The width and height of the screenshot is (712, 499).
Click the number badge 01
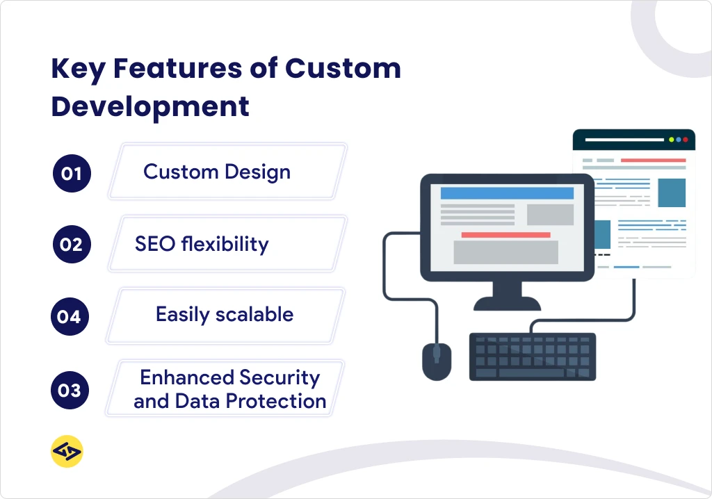tap(72, 173)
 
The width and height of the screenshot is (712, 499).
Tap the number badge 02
tap(72, 245)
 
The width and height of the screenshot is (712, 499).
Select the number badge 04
tap(70, 317)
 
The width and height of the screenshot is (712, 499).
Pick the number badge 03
tap(70, 390)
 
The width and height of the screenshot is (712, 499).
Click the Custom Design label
tap(217, 172)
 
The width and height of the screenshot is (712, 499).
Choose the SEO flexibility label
tap(202, 244)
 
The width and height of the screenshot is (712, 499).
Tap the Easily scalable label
tap(225, 314)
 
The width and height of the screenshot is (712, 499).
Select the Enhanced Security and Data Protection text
tap(229, 389)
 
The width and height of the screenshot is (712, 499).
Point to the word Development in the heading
tap(150, 107)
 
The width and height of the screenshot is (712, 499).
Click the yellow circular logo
tap(67, 452)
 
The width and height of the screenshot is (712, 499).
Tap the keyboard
tap(532, 356)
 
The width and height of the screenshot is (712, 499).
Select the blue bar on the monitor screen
tap(507, 193)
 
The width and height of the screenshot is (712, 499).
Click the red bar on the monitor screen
tap(505, 235)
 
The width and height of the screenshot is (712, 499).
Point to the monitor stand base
tap(507, 303)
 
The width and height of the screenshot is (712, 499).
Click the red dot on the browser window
tap(686, 140)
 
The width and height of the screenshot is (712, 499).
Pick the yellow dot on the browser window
tap(671, 140)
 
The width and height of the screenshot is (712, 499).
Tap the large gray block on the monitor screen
tap(505, 252)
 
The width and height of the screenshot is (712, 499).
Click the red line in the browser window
tap(652, 161)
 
